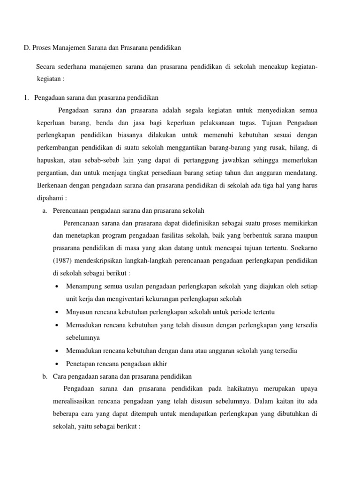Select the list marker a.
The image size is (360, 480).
coord(45,210)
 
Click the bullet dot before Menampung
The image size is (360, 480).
coord(57,286)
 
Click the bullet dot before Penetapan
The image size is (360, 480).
coord(57,364)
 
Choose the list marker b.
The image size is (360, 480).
coord(45,376)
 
